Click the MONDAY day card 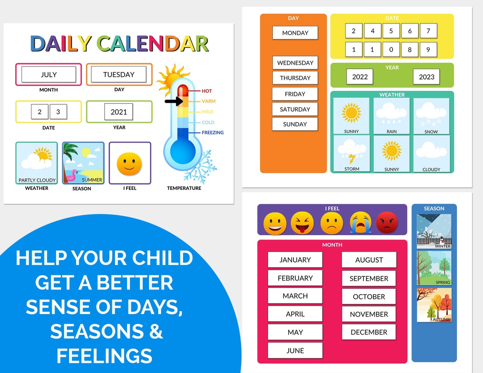295,33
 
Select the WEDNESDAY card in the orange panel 295,63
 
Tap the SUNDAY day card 295,124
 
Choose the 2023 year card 426,77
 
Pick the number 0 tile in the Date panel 391,50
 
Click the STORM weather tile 352,153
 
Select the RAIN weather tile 391,116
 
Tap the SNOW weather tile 431,116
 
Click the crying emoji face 361,223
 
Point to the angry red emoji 387,223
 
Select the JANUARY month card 295,260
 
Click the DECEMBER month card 369,332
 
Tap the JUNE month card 295,351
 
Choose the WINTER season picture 434,231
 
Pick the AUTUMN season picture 434,305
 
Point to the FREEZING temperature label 212,133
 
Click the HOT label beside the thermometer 207,91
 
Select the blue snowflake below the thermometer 200,168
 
